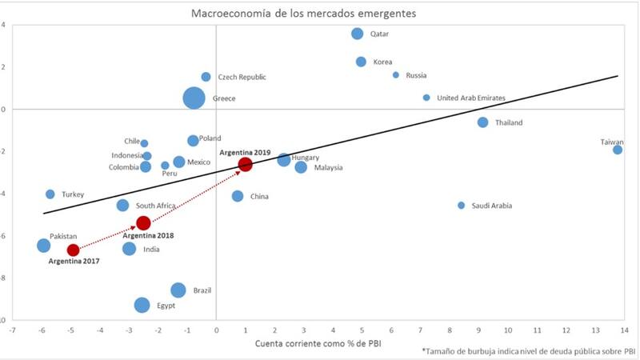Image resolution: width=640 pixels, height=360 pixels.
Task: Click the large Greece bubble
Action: coord(194,98)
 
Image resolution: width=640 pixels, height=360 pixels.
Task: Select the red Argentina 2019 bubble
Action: coord(245,164)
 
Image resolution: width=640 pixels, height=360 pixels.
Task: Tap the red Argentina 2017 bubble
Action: coord(73,250)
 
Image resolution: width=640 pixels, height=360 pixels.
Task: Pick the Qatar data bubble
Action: coord(357,34)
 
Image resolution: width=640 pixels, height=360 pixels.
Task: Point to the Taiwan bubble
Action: coord(618,150)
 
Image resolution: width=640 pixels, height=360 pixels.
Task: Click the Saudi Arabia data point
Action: coord(461,206)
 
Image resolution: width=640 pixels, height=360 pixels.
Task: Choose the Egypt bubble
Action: coord(142,305)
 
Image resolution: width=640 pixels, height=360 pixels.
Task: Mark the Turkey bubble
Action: coord(50,194)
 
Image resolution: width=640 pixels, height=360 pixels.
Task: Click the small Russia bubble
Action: coord(395,75)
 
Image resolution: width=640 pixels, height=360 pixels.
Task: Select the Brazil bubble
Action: coord(178,290)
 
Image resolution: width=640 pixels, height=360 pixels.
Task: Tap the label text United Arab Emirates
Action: coord(471,98)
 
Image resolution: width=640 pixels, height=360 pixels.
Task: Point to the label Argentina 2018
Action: coord(148,235)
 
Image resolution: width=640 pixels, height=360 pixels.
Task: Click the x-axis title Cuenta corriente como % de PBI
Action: coord(317,344)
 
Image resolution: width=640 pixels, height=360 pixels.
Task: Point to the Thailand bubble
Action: coord(482,122)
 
